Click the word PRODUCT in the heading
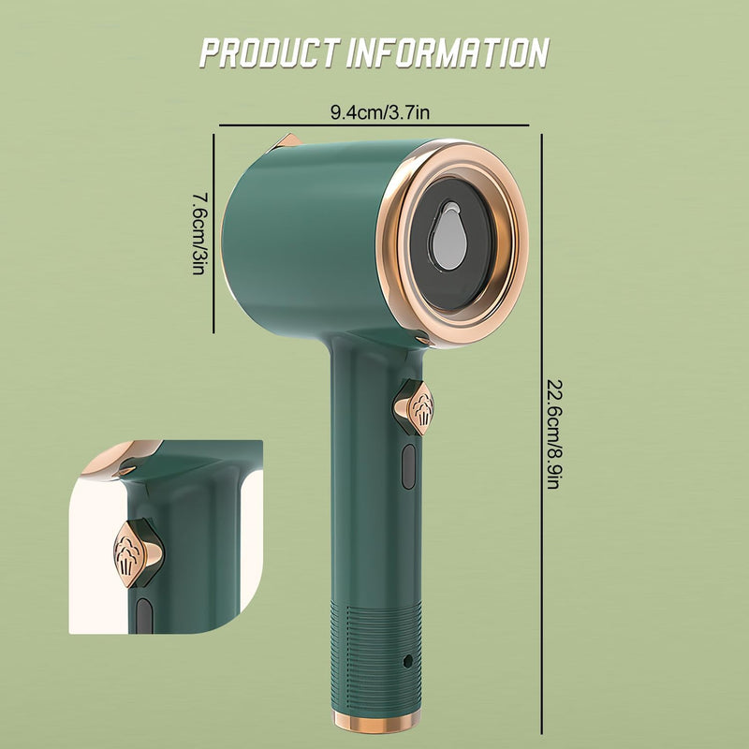tap(270, 52)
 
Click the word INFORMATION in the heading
tap(448, 52)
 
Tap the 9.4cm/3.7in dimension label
tap(380, 112)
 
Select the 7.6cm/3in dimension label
tap(198, 233)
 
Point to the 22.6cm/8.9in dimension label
tap(553, 434)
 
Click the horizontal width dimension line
tap(374, 125)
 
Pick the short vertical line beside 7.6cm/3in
tap(213, 233)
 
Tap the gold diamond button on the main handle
tap(414, 407)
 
